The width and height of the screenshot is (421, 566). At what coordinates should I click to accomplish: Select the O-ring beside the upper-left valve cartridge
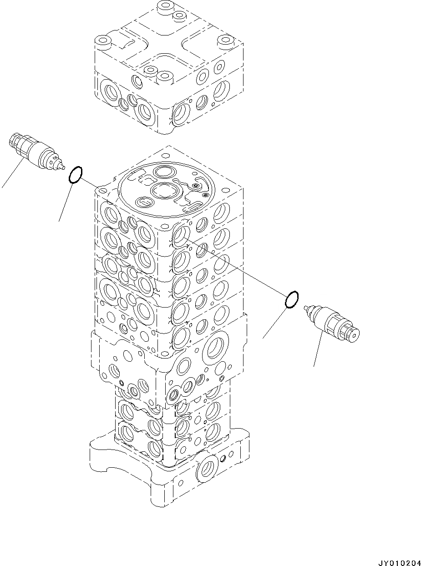[x=76, y=175]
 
